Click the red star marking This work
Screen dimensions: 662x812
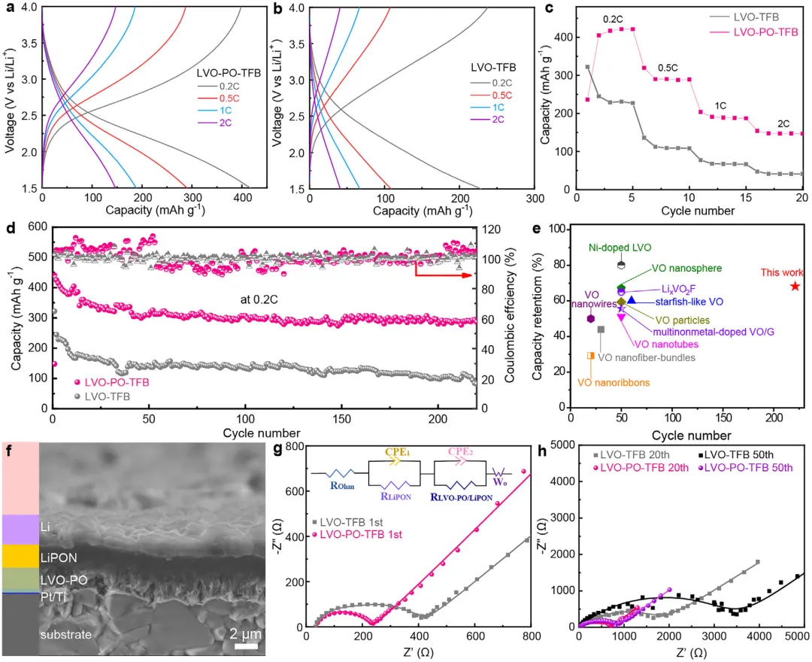click(x=795, y=286)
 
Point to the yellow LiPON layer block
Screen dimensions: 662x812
click(x=20, y=555)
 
